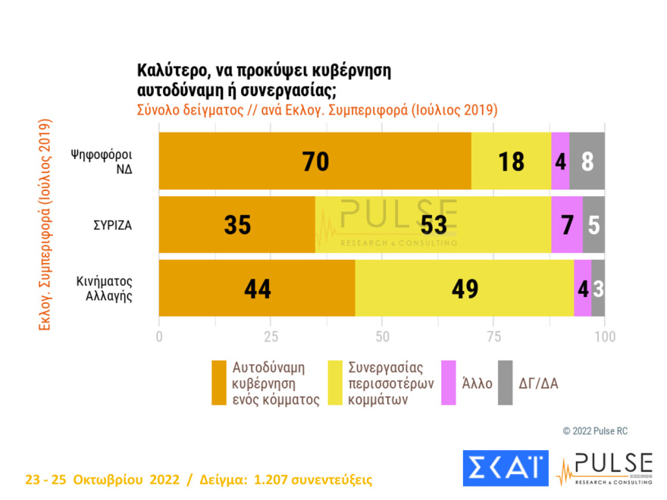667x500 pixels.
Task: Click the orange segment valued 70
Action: click(315, 161)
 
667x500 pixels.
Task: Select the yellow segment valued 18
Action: click(511, 161)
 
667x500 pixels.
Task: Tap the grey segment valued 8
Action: click(587, 161)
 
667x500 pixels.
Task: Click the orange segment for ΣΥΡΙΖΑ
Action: click(236, 225)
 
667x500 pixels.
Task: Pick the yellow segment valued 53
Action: click(433, 225)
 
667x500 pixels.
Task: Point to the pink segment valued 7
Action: click(566, 225)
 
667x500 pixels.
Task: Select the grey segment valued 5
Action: click(593, 225)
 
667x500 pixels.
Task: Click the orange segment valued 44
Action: click(257, 289)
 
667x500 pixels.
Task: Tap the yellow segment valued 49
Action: click(464, 289)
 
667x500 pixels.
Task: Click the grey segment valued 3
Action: click(598, 289)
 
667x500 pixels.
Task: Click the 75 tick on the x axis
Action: click(493, 336)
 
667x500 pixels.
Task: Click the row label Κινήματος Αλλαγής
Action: click(108, 289)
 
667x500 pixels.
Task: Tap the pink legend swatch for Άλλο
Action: click(448, 383)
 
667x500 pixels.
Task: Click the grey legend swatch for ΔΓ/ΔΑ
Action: click(506, 383)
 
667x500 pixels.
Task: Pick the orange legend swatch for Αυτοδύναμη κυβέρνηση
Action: click(219, 383)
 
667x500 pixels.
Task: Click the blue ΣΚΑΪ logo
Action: click(505, 467)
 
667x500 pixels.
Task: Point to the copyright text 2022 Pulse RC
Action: click(595, 430)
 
